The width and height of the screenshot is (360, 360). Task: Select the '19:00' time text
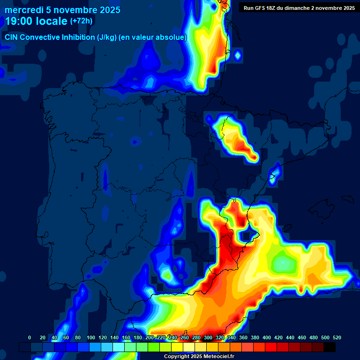tap(19, 21)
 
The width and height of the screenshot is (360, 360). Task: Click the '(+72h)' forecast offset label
tap(81, 21)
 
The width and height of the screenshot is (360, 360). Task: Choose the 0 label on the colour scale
tap(30, 337)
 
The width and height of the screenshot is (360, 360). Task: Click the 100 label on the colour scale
tap(91, 337)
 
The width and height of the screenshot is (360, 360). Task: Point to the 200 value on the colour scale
tap(150, 337)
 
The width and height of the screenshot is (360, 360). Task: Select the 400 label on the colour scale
tap(267, 337)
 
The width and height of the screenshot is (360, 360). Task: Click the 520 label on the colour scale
tap(337, 337)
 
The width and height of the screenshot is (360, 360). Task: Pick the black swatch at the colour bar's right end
tap(330, 347)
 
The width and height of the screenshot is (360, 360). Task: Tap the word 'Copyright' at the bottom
tap(177, 357)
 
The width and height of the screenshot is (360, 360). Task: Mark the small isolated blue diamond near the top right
tap(238, 56)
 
